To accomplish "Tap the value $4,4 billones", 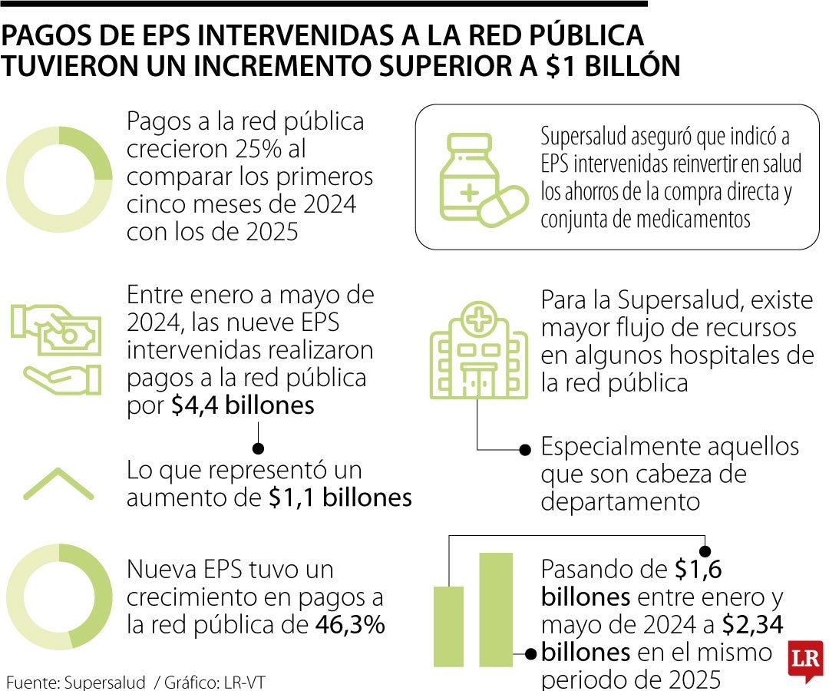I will click(243, 405).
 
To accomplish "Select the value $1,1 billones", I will click(340, 498).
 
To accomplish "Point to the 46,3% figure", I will click(350, 625).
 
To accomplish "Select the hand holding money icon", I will click(56, 348).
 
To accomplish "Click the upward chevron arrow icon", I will click(58, 484).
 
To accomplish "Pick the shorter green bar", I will click(449, 627).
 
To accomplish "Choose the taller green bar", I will click(496, 610).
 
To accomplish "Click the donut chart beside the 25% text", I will click(59, 180).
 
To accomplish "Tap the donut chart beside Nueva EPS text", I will click(59, 597).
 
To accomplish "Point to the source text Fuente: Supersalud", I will click(76, 682).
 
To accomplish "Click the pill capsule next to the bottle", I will click(504, 205).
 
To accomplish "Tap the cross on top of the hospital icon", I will click(478, 316).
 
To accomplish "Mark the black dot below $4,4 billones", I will click(259, 448).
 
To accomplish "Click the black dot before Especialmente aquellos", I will click(526, 449).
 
